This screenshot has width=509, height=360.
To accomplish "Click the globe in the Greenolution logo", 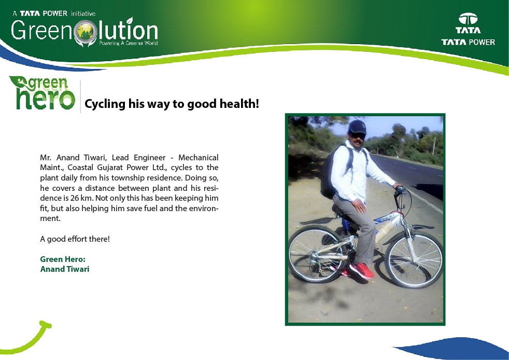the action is [86, 32].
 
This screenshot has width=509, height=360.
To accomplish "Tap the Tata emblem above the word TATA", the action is [468, 19].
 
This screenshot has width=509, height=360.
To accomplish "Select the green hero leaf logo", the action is [42, 93].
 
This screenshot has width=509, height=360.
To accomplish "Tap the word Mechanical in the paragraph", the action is [199, 158].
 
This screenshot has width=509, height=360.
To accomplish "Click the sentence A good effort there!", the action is [75, 239].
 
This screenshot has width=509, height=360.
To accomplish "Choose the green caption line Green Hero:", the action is [63, 259].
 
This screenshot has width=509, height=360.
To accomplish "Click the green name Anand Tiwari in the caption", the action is [65, 269].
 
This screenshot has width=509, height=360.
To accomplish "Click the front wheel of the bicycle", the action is [414, 259].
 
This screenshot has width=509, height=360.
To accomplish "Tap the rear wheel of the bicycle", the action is [318, 254].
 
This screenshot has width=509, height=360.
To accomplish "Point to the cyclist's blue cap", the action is [358, 127].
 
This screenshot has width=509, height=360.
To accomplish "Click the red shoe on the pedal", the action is [362, 270].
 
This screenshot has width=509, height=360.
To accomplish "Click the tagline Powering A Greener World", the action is [128, 43].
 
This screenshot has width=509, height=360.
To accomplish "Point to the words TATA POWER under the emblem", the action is [468, 42].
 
